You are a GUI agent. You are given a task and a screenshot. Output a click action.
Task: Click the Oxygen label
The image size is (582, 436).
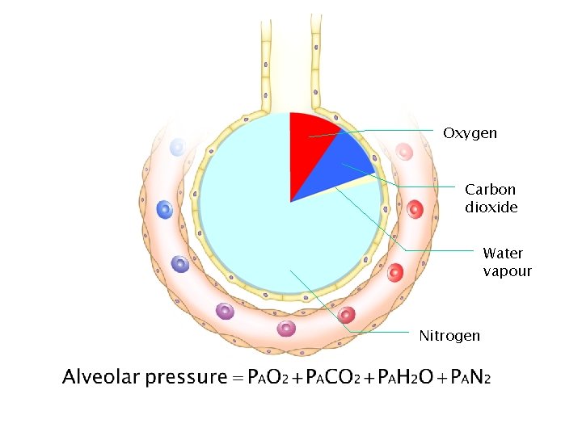point(470,132)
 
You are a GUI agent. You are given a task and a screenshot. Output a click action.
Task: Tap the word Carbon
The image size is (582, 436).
point(490,190)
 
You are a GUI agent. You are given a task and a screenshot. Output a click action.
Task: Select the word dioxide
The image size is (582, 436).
point(491,208)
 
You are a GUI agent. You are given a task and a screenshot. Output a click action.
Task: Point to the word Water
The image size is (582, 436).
point(503,254)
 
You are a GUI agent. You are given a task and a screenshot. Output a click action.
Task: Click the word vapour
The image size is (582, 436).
point(507,271)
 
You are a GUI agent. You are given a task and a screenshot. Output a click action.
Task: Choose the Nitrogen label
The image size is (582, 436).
point(449,335)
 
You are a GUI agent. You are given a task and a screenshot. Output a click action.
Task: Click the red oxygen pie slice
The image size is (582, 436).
point(311,137)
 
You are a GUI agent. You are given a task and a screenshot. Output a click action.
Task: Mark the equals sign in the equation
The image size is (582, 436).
point(237,378)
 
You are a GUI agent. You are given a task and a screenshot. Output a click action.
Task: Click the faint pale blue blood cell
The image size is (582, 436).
point(177,147)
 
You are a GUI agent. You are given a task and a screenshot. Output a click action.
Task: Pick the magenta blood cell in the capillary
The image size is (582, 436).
point(286,328)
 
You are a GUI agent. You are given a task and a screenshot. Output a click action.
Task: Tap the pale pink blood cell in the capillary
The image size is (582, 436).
point(404,152)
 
